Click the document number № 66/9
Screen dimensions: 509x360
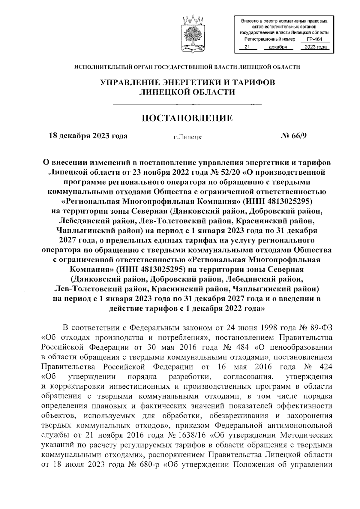[x=294, y=136]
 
